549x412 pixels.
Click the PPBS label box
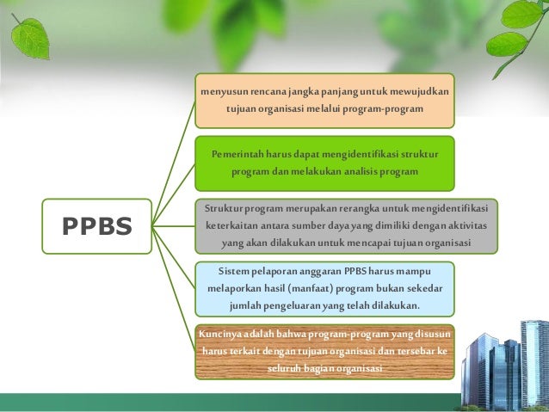pyautogui.click(x=96, y=226)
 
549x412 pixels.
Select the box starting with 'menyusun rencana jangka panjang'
pyautogui.click(x=324, y=100)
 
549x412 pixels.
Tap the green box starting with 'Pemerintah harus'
pyautogui.click(x=324, y=163)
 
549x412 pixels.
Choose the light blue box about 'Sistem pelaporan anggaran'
pyautogui.click(x=324, y=288)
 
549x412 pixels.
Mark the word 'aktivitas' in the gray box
pyautogui.click(x=464, y=225)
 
